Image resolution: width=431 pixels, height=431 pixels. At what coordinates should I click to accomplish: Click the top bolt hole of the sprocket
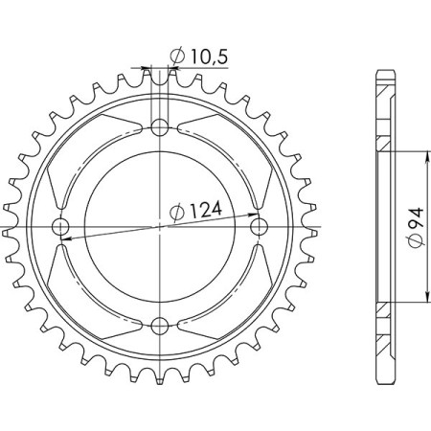point(160,127)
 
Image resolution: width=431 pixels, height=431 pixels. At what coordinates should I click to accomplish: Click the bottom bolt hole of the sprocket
point(160,325)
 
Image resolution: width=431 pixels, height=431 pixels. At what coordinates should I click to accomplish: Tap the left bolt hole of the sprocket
point(61,227)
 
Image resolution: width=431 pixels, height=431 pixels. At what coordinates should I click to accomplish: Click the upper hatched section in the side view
point(382,144)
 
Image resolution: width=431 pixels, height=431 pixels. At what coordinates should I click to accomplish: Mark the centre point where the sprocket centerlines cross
point(160,227)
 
